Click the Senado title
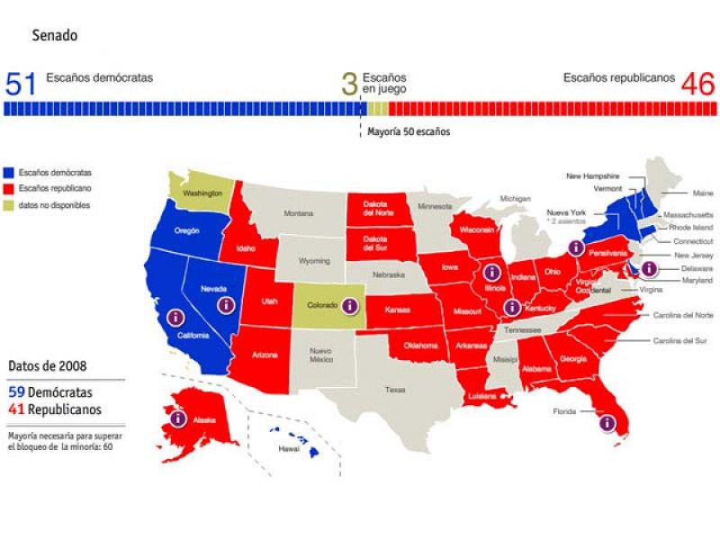coord(54,37)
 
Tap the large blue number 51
coord(21,85)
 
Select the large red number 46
coord(697,85)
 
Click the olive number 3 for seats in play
coord(349,85)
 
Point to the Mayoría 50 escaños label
coord(409,131)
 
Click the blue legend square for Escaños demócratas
coord(10,173)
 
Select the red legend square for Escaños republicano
coord(10,189)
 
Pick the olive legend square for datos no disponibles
coord(10,205)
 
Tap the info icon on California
coord(175,317)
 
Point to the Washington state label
coord(202,193)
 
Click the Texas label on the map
coord(395,390)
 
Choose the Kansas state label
coord(398,310)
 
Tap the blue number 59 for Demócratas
coord(16,392)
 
